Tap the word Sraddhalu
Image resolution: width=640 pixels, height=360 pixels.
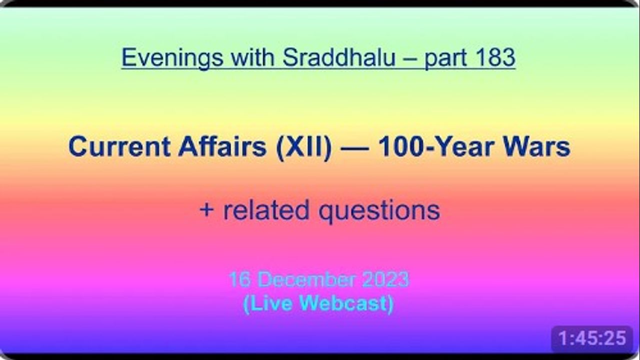click(x=339, y=57)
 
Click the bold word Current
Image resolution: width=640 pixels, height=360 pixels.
click(x=119, y=147)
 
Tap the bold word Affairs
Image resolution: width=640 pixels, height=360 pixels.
click(x=222, y=146)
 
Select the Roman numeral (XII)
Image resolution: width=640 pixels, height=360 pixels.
click(x=304, y=147)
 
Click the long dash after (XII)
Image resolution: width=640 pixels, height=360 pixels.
click(x=354, y=148)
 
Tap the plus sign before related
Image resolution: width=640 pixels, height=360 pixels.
click(x=206, y=210)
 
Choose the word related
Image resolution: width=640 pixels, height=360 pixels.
click(x=266, y=210)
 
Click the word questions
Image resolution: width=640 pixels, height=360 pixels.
click(x=379, y=212)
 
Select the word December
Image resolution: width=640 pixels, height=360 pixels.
click(x=307, y=279)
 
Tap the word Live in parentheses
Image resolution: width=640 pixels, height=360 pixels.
click(x=267, y=303)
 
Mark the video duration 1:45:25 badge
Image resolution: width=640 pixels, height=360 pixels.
click(x=592, y=338)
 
